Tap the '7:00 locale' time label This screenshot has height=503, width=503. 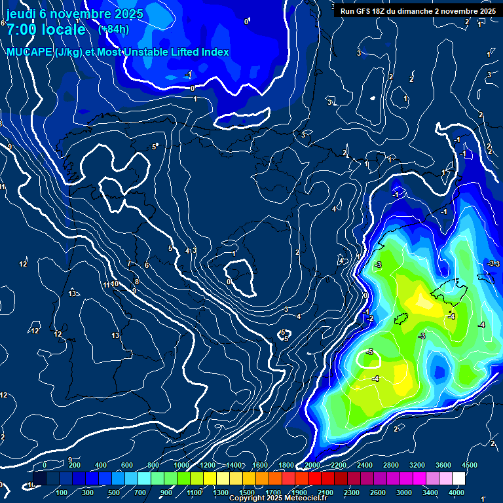pyautogui.click(x=46, y=29)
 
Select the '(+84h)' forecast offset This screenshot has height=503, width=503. pyautogui.click(x=113, y=29)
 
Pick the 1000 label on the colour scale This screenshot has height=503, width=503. pyautogui.click(x=181, y=465)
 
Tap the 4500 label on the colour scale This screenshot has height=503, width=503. pyautogui.click(x=469, y=465)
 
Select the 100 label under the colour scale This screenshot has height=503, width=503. pyautogui.click(x=62, y=493)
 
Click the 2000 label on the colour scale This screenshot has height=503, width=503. pyautogui.click(x=312, y=465)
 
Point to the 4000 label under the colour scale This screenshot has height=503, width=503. pyautogui.click(x=456, y=493)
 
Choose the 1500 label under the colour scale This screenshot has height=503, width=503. pyautogui.click(x=247, y=493)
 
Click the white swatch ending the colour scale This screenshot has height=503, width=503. pyautogui.click(x=458, y=479)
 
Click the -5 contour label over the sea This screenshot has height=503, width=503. pyautogui.click(x=370, y=352)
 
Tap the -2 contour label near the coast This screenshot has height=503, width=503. pyautogui.click(x=370, y=318)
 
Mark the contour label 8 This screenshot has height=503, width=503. pyautogui.click(x=136, y=282)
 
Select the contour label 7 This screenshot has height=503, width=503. pyautogui.click(x=129, y=264)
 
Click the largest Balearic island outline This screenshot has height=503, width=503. pyautogui.click(x=447, y=288)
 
